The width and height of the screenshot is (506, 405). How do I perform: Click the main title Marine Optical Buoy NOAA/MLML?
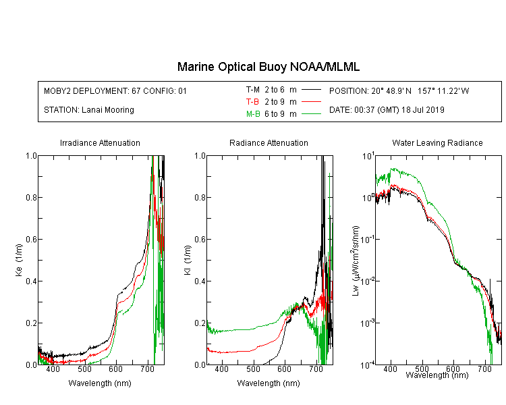pos(269,67)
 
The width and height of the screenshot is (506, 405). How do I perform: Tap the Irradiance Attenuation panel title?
pos(100,142)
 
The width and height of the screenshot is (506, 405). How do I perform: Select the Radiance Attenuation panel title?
pos(269,142)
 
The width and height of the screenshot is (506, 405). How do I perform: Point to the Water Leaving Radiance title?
pos(437,142)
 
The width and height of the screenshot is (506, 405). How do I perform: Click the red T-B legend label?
pos(252,102)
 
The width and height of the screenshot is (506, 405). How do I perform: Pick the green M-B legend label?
pos(253,114)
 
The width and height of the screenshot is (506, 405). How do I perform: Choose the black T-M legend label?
pos(253,90)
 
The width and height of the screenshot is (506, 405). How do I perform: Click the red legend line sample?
pos(312,102)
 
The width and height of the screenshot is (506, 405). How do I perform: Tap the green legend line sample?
pos(312,113)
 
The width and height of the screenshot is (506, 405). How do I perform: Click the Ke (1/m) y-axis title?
pos(19,260)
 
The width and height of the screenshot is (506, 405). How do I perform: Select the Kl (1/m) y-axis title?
pos(188,260)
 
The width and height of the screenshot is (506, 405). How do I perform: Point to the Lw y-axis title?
pos(356,261)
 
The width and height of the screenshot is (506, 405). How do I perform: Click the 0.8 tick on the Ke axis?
pos(32,197)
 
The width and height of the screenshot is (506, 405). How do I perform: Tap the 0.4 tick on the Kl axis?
pos(200,281)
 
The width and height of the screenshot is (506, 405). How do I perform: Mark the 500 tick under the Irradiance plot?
pos(84,369)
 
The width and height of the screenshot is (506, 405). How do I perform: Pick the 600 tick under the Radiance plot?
pos(284,369)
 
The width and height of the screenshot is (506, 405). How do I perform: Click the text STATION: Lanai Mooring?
pos(89,110)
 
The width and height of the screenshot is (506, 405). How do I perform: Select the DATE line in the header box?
pos(387,110)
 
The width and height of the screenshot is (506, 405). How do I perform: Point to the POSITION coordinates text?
pos(399,90)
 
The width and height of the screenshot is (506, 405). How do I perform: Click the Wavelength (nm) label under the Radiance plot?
pos(269,383)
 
